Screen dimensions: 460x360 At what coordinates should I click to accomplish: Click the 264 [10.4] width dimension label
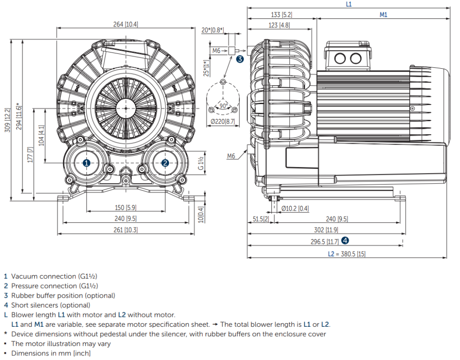click(x=126, y=24)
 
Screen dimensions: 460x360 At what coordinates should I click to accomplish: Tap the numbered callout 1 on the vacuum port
click(x=86, y=162)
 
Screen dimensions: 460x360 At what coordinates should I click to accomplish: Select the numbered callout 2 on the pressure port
click(x=165, y=162)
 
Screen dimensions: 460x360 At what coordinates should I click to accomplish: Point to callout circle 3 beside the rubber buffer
click(x=240, y=59)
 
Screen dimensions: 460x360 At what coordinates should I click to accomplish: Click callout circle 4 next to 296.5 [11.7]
click(x=345, y=241)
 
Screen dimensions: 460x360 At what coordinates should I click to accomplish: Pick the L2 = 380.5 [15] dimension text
click(x=347, y=254)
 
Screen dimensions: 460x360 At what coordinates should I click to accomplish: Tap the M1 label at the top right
click(x=384, y=15)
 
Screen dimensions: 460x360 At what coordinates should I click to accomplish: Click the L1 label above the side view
click(x=349, y=4)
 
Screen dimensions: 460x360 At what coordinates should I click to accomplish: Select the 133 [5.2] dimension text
click(x=282, y=15)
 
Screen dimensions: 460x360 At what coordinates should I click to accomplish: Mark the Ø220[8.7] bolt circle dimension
click(x=223, y=121)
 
